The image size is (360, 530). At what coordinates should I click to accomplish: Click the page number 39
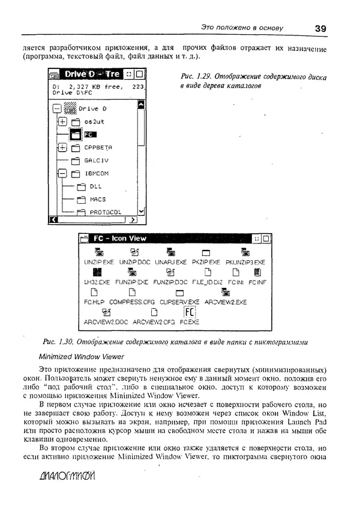[x=320, y=28]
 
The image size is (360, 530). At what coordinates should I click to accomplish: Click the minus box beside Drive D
[x=57, y=109]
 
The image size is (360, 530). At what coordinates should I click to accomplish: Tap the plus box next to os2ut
[x=62, y=122]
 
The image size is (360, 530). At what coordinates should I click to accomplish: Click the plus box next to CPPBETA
[x=62, y=147]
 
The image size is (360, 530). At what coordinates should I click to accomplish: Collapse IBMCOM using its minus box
[x=62, y=174]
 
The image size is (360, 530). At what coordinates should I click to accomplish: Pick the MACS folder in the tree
[x=97, y=199]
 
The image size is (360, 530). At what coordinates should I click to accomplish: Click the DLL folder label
[x=96, y=186]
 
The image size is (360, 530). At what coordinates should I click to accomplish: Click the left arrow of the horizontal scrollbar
[x=53, y=220]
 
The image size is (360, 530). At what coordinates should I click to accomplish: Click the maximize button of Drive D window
[x=139, y=74]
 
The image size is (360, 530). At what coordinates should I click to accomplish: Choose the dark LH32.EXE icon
[x=97, y=273]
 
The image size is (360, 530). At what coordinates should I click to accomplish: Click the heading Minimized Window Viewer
[x=81, y=356]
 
